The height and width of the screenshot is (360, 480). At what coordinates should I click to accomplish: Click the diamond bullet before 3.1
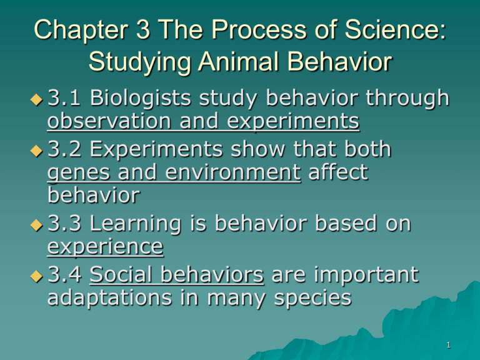coord(37,99)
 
